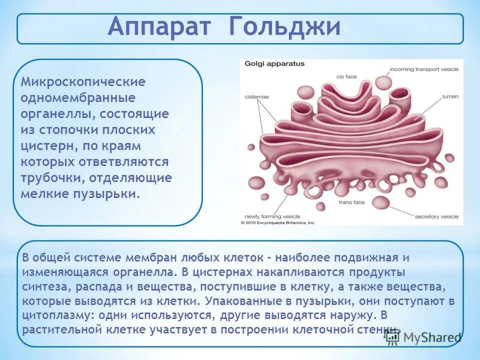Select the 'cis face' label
[x=346, y=76]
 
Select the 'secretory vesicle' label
[x=436, y=216]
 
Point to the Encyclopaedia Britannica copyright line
[x=278, y=222]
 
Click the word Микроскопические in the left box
[x=83, y=81]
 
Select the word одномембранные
[x=78, y=97]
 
